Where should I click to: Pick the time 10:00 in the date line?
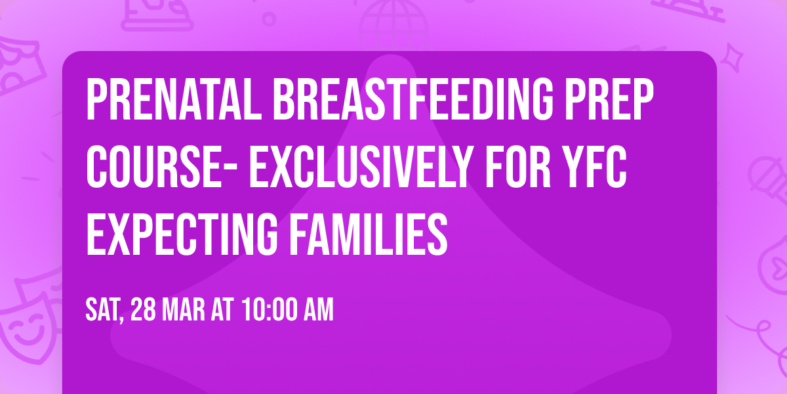[x=269, y=310]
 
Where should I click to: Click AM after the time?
[x=319, y=310]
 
